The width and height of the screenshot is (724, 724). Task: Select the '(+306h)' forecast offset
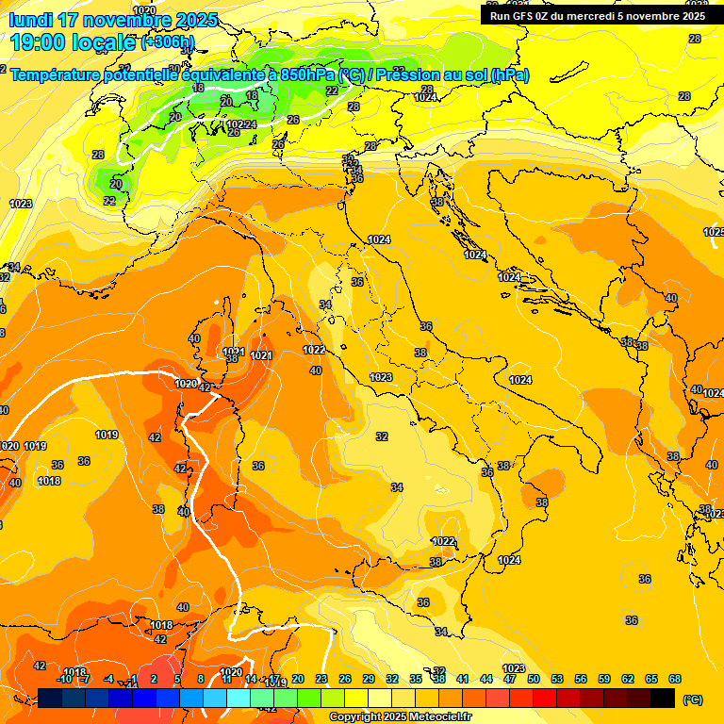click(168, 42)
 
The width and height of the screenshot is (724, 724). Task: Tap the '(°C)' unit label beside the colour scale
click(692, 699)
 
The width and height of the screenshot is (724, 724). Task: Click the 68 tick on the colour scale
click(675, 679)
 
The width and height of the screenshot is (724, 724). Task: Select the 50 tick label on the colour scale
click(534, 679)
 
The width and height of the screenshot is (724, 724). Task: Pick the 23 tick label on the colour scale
click(321, 679)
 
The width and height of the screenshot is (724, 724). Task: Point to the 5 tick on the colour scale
click(177, 679)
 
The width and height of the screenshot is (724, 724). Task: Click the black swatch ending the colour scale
click(663, 698)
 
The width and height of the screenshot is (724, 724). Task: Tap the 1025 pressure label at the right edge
click(714, 232)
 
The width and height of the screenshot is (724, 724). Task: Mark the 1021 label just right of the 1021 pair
click(261, 355)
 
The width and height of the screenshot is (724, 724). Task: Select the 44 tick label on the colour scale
click(486, 679)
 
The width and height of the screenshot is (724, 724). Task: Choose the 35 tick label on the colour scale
click(416, 679)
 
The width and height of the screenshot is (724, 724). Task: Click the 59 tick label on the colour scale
click(604, 679)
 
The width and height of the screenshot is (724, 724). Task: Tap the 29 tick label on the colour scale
click(369, 679)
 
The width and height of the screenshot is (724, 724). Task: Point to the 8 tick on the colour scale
click(201, 679)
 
